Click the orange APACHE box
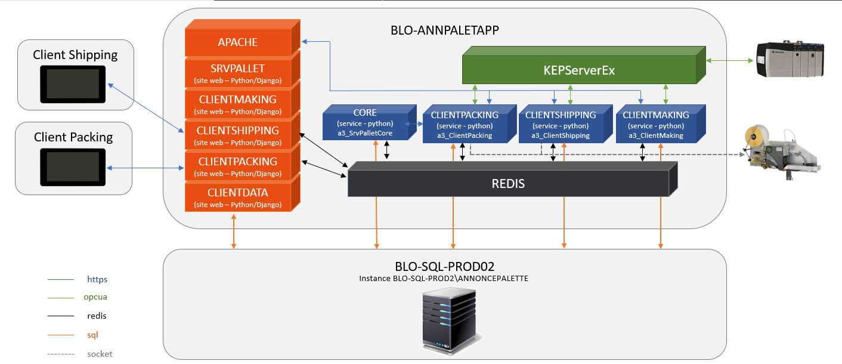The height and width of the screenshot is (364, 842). point(237,42)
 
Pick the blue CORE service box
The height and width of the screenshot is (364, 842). point(364,124)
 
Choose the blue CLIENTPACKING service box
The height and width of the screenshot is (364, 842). point(464,125)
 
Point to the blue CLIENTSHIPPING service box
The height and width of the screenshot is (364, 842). point(561,125)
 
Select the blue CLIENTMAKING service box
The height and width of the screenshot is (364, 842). point(656,125)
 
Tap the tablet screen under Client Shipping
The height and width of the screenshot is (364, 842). point(73,84)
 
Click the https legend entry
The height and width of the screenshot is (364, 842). point(97,279)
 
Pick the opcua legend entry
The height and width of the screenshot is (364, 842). point(95,297)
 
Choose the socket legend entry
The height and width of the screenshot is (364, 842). point(99,354)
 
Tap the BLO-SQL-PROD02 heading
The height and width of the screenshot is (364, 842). point(444,265)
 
